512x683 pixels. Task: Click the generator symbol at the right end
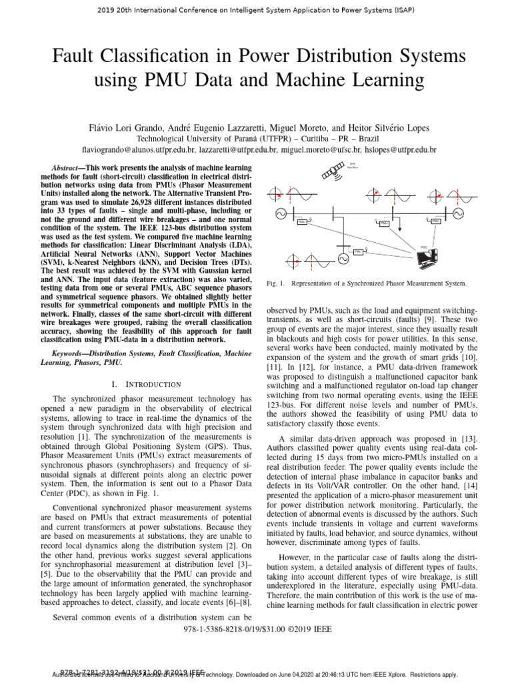click(458, 214)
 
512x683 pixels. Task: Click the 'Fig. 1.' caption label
click(275, 283)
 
